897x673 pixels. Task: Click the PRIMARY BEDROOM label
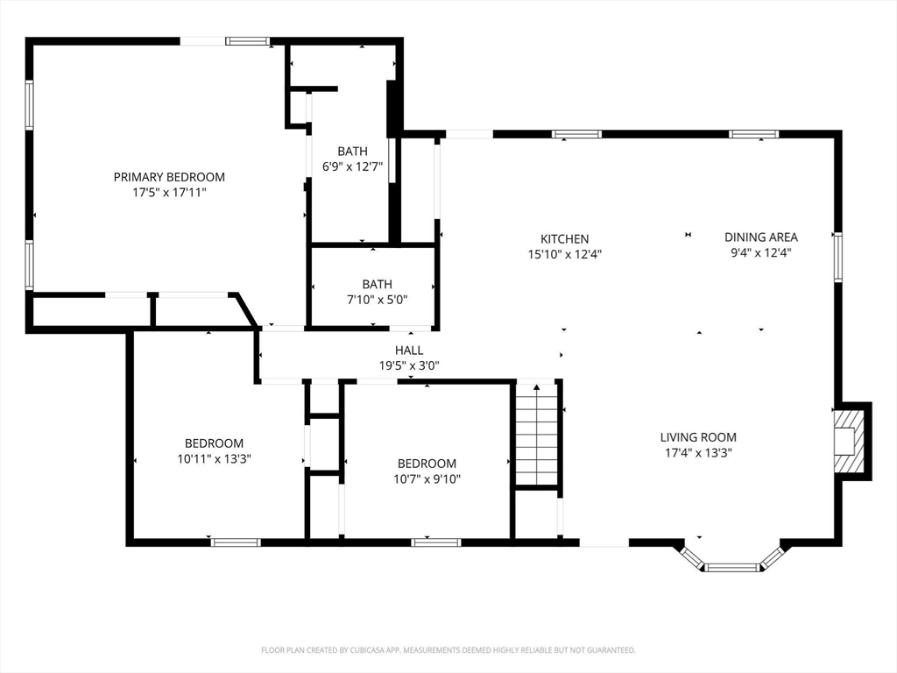(169, 177)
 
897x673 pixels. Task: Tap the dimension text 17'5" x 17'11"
(169, 193)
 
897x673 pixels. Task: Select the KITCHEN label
(565, 238)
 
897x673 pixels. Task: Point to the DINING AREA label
(761, 237)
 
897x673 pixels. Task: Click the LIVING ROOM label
(698, 437)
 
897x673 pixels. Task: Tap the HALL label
(409, 351)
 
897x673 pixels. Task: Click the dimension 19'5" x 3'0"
(409, 365)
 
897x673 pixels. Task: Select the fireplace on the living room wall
(852, 441)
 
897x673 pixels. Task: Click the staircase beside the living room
(537, 434)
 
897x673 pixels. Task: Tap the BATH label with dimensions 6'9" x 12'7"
(352, 151)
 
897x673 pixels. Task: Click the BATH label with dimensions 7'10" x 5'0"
(377, 284)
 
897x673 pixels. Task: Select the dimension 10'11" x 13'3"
(215, 458)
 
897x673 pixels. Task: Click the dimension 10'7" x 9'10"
(427, 479)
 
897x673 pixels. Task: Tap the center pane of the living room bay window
(731, 567)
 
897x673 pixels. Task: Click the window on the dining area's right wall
(837, 257)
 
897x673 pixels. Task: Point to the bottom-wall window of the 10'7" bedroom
(436, 542)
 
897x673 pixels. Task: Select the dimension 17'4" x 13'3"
(698, 453)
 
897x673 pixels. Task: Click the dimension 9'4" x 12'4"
(761, 252)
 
